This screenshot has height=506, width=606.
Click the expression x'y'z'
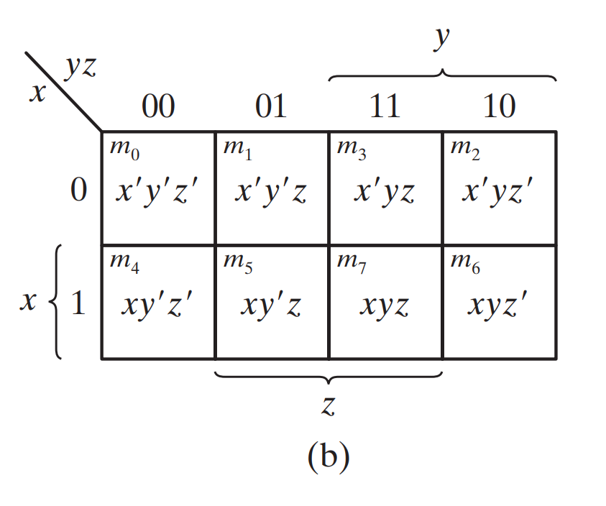(157, 192)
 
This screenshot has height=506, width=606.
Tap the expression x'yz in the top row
(385, 193)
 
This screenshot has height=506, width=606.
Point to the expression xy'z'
(157, 305)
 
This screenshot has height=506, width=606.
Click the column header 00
(157, 107)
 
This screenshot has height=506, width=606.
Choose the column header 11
(385, 107)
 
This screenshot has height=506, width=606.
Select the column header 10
(499, 107)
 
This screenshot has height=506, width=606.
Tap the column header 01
(271, 107)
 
